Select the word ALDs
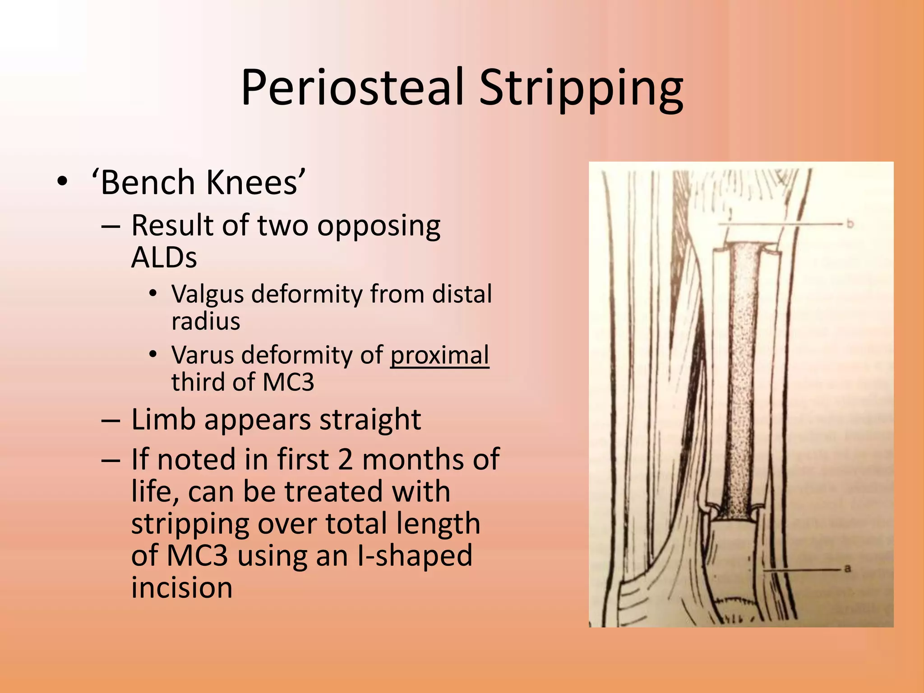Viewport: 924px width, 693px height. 164,258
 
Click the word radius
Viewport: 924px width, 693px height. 206,321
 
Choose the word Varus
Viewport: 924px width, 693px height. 203,355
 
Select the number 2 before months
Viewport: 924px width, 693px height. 345,459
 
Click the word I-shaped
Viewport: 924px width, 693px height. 415,556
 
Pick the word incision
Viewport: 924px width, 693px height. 182,587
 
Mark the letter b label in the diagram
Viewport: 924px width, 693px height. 850,223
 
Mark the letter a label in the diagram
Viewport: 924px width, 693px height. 847,569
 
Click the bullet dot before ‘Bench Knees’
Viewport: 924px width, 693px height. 62,182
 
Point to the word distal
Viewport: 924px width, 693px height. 462,294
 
